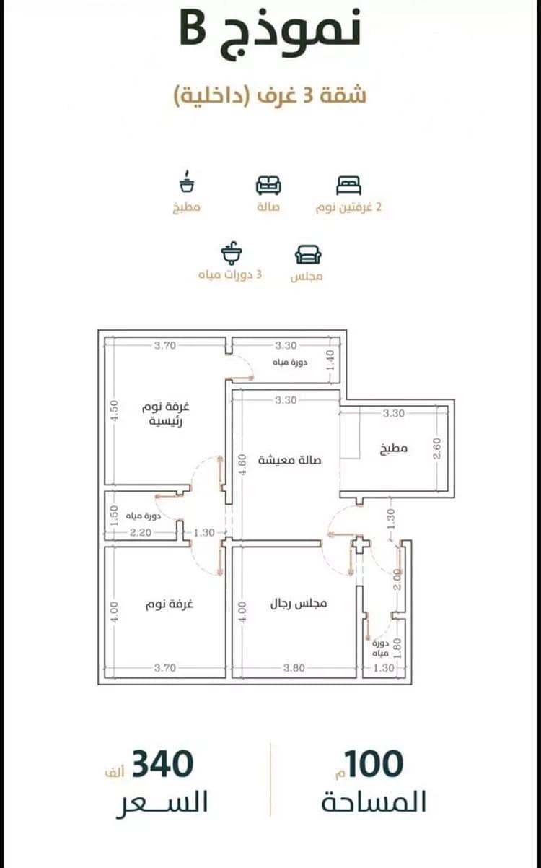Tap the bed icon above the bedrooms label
coord(348,185)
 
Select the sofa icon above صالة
coord(268,185)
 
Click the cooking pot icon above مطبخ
coord(188,181)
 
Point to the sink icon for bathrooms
coord(232,253)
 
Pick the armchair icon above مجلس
coord(308,254)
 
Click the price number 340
coord(162,764)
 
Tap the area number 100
coord(374,764)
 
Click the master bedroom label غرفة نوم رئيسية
coord(166,414)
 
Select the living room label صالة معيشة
coord(290,460)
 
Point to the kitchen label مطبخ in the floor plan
coord(394,448)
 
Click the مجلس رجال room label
coord(299,603)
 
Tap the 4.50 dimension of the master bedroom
coord(114,410)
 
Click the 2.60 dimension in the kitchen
coord(437,448)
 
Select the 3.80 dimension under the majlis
coord(294,668)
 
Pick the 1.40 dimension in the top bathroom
coord(330,360)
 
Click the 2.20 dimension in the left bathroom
coord(141,533)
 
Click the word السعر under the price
coord(162,802)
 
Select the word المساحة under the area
coord(374,802)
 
